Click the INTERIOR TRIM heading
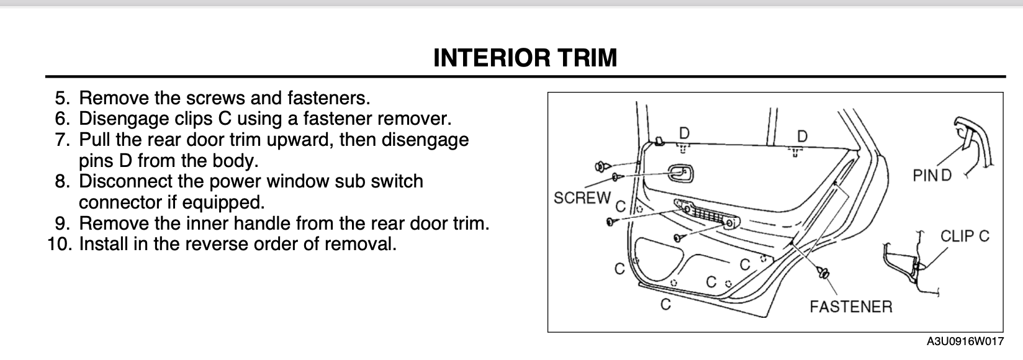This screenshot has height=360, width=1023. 525,58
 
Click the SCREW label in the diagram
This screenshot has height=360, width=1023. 582,198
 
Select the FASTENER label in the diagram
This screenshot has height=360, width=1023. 851,307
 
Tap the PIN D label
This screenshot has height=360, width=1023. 932,176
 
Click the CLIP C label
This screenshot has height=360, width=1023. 965,236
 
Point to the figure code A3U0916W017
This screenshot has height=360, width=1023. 965,341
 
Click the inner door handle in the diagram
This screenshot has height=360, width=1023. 680,173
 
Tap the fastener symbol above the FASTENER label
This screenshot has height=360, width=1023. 823,273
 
